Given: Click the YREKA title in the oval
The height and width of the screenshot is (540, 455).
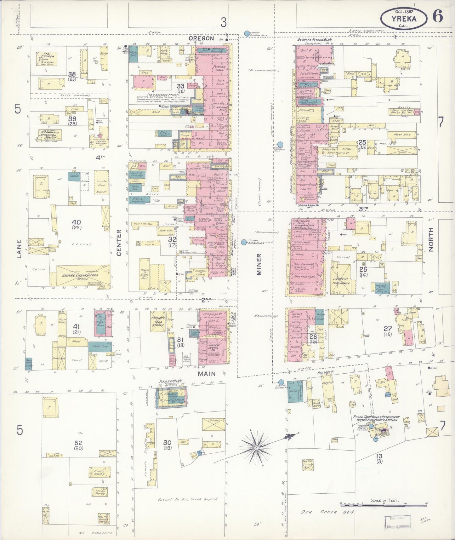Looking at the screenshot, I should [x=404, y=19].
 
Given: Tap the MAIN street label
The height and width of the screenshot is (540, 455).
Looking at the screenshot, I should [x=207, y=373].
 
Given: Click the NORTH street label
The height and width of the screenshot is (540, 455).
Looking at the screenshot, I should [x=431, y=239].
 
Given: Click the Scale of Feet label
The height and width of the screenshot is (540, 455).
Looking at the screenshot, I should [x=384, y=500].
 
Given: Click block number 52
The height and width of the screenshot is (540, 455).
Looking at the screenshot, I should [x=78, y=443].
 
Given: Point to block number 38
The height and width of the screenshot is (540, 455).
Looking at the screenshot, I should [x=72, y=74].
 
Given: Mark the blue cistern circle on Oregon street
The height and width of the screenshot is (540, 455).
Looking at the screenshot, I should [x=247, y=33].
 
